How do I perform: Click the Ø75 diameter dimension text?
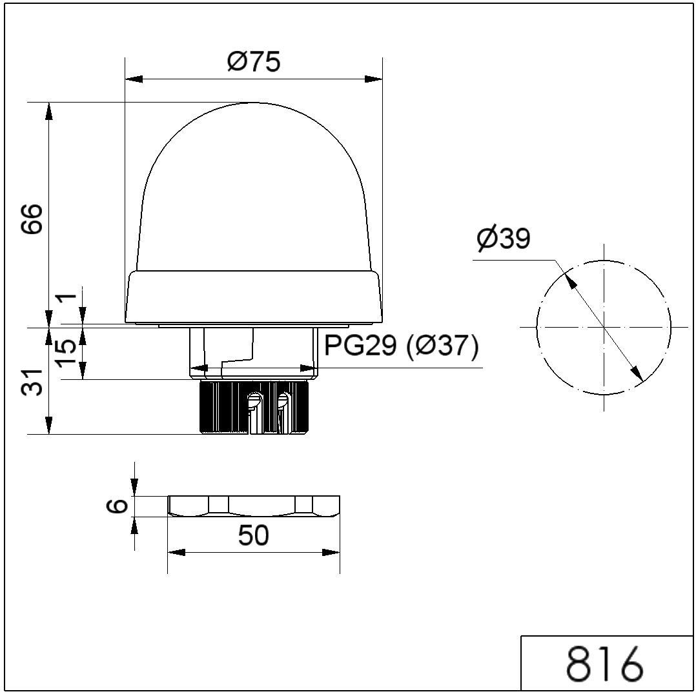254,62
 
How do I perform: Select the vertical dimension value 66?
32,219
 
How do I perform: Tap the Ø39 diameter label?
503,239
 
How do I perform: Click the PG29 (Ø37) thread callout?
401,346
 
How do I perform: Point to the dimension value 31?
32,382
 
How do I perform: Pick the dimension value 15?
66,352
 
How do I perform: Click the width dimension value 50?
253,535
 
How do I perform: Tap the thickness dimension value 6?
117,506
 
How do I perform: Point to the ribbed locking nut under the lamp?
254,408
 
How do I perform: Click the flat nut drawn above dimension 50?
254,506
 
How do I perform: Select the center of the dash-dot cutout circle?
604,327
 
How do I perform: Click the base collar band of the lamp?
254,296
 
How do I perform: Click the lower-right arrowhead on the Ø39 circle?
637,373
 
